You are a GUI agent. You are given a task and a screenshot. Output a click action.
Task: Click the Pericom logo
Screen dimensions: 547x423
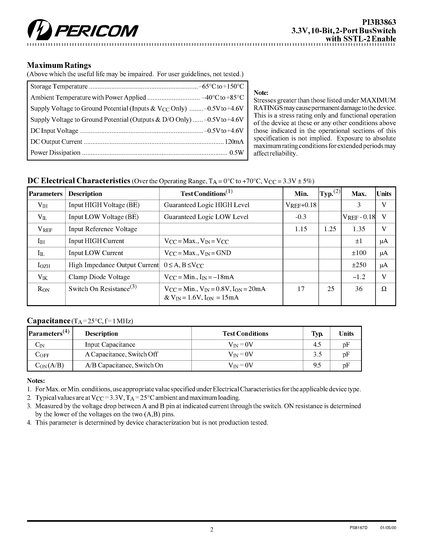(x=83, y=30)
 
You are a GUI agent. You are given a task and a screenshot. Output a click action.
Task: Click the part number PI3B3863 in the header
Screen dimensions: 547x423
(x=379, y=22)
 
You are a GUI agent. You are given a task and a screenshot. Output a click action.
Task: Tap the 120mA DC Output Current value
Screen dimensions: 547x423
(x=234, y=142)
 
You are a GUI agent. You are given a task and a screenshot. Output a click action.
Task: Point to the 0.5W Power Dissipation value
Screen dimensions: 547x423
(x=236, y=153)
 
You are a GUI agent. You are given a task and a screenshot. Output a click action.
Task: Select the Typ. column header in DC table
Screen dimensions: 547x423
(x=330, y=194)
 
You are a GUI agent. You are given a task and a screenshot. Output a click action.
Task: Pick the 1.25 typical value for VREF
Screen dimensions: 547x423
(x=330, y=229)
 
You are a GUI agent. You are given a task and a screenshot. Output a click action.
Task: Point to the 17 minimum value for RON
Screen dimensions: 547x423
(x=301, y=289)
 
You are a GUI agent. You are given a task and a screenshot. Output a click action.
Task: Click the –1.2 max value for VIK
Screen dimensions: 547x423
(x=359, y=277)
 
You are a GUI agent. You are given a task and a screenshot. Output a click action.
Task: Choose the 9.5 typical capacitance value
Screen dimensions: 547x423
(x=317, y=365)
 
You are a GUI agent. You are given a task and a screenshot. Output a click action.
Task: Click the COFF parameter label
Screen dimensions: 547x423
(x=42, y=355)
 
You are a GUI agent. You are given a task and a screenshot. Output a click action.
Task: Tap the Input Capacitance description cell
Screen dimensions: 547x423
(x=110, y=345)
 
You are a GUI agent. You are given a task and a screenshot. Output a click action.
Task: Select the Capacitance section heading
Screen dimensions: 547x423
(x=49, y=321)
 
